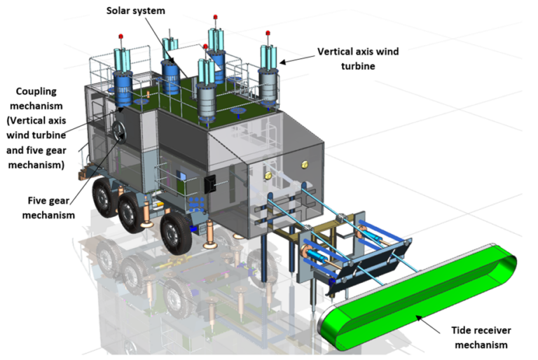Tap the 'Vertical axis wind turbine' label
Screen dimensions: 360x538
tap(359, 58)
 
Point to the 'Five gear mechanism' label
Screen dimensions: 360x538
tap(46, 207)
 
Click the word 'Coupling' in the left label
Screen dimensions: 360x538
tap(36, 91)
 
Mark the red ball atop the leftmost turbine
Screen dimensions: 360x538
tap(121, 35)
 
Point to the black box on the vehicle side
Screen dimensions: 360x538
tap(209, 184)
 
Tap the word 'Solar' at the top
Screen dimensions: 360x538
tap(118, 12)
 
